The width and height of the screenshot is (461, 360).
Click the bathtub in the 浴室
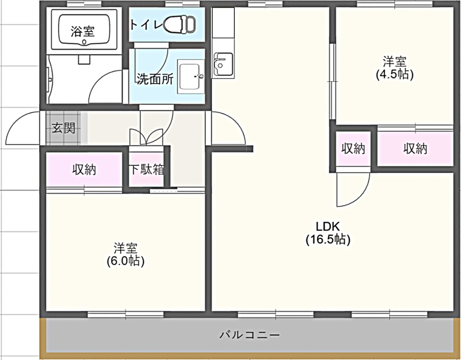pos(84,29)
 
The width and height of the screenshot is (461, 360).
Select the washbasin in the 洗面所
pos(191,77)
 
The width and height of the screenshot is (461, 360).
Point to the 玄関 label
pos(64,128)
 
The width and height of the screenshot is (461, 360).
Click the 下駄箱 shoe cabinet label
pos(147,169)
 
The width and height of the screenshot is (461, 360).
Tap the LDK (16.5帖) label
pos(328,233)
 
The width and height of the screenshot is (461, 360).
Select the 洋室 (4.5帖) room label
pos(395,68)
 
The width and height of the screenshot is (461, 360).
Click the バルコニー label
pos(250,335)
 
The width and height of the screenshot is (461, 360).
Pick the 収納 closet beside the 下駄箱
pos(84,169)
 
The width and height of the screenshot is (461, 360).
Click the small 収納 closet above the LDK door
pos(353,149)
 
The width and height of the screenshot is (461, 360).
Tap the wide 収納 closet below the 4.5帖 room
pos(415,149)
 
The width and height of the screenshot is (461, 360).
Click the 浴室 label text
pos(83,31)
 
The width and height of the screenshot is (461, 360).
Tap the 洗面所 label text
pos(155,79)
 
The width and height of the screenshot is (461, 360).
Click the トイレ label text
pos(146,24)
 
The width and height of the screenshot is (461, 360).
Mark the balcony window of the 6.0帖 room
pos(126,314)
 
